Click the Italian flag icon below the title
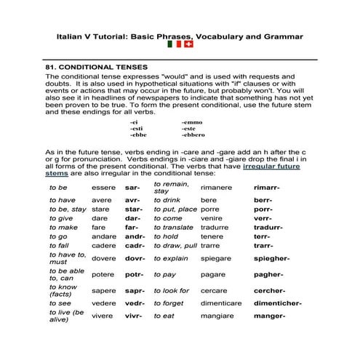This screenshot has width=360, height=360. (x=174, y=44)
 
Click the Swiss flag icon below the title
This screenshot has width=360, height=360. (x=188, y=44)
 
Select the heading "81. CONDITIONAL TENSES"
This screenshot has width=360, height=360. (x=97, y=66)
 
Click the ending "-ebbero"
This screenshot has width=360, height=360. (x=193, y=135)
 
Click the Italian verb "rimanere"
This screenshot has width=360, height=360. (x=216, y=188)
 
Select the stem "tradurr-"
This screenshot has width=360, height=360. (x=268, y=227)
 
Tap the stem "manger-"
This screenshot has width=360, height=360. (x=268, y=316)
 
